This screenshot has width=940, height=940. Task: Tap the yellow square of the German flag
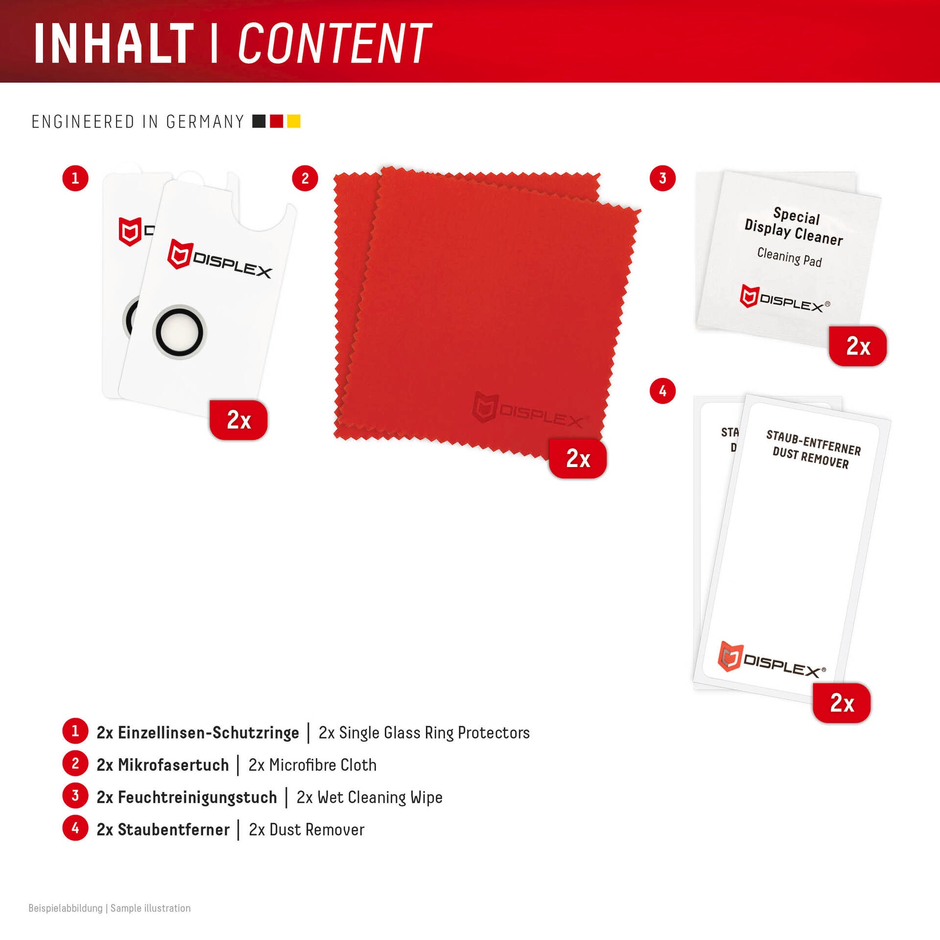(293, 121)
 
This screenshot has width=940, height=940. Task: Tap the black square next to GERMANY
(258, 121)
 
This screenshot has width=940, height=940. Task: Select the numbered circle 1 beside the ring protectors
(75, 178)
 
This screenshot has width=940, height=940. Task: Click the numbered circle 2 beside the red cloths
(305, 178)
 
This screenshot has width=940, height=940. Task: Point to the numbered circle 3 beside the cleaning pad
(662, 178)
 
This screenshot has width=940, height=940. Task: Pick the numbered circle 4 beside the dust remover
(662, 391)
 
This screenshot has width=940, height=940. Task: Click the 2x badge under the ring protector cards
(238, 420)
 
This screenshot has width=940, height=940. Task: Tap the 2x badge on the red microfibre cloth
(578, 458)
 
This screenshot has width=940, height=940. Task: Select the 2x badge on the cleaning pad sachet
(858, 346)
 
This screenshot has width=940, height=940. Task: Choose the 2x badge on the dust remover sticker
(842, 703)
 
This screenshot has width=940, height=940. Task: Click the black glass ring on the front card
(179, 331)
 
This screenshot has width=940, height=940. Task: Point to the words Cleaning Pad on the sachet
(789, 257)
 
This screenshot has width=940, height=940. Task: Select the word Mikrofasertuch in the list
(173, 765)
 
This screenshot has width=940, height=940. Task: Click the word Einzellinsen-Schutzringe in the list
(208, 732)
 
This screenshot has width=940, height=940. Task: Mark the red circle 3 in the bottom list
(75, 796)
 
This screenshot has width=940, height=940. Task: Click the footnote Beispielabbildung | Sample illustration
(110, 908)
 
